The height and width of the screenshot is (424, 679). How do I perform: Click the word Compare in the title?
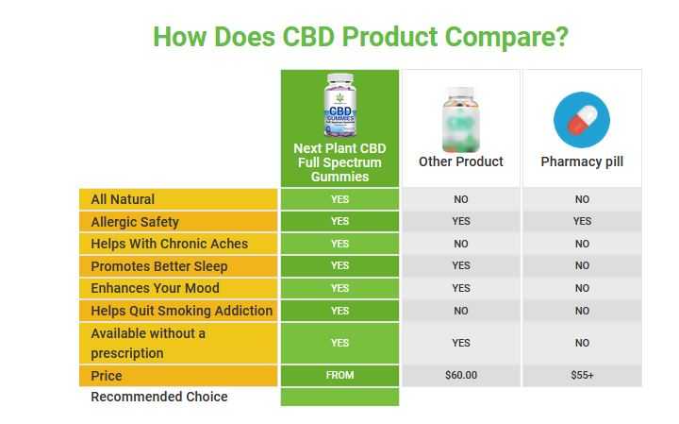[x=506, y=37]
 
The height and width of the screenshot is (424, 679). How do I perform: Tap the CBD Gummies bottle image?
[x=339, y=106]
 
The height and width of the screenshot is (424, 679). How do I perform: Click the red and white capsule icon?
[x=582, y=120]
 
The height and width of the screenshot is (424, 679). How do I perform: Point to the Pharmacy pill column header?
[x=582, y=161]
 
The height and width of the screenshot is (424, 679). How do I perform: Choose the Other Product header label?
[x=461, y=161]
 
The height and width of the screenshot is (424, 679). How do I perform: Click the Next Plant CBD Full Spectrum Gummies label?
[x=339, y=162]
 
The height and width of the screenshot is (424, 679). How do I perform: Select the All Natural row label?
[x=123, y=199]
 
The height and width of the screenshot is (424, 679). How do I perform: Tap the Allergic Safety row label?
[x=135, y=222]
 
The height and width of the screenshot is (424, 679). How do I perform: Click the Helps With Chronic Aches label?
[x=170, y=244]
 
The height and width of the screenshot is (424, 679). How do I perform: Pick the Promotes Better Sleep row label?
[x=159, y=266]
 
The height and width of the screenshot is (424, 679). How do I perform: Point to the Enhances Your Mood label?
[x=155, y=288]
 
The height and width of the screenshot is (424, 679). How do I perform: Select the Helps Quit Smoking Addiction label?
[x=181, y=311]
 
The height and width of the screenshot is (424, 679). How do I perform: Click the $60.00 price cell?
[x=461, y=375]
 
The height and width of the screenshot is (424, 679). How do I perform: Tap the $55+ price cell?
[x=582, y=375]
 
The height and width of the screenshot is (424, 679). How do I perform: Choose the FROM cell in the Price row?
[x=339, y=375]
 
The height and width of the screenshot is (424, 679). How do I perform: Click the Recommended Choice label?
[x=159, y=397]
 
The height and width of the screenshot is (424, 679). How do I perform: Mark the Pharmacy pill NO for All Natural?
[x=582, y=199]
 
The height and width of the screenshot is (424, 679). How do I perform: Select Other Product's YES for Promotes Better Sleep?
[x=461, y=265]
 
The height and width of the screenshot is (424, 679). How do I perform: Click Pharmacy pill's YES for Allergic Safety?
[x=582, y=221]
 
